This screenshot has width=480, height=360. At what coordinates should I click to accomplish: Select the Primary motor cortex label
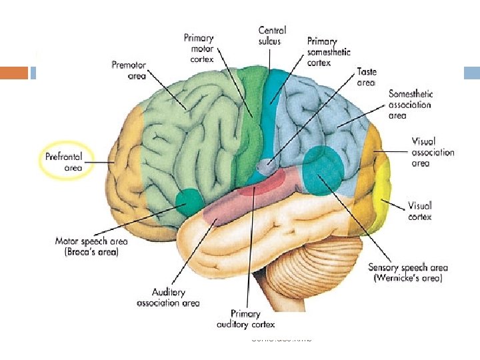coord(199,48)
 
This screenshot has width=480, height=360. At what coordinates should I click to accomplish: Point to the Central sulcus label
coord(272,35)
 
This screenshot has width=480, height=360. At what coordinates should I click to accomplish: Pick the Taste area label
coord(366,77)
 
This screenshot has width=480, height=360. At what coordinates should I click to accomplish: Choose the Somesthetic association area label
coord(410,105)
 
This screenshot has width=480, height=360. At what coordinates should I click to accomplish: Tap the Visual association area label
coord(433,152)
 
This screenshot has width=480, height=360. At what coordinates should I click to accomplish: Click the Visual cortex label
coord(420,211)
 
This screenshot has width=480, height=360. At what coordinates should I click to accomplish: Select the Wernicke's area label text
coord(405,273)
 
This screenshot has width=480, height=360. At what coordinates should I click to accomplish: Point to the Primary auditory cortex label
coord(245,319)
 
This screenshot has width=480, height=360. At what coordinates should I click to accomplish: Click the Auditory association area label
coord(168,297)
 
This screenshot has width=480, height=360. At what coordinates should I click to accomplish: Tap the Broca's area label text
coord(87,247)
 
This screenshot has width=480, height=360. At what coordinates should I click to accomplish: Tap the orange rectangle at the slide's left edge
coord(14,73)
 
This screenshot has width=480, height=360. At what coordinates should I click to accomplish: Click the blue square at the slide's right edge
coord(472,73)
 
